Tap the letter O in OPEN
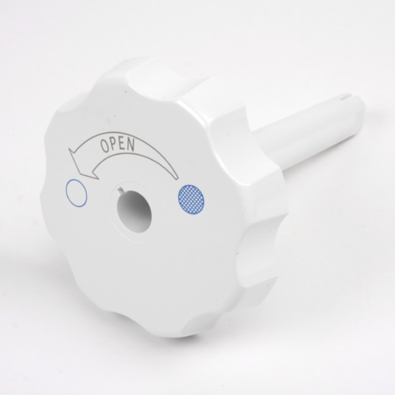105,147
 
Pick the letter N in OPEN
130,144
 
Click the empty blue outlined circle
76,193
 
